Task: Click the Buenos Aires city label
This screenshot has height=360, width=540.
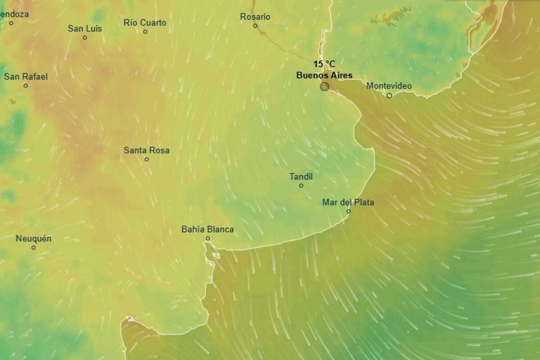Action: tap(324, 75)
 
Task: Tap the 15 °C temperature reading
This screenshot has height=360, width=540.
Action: tap(324, 64)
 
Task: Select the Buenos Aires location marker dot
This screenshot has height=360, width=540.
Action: tap(324, 86)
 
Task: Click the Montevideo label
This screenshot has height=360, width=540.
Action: tap(389, 86)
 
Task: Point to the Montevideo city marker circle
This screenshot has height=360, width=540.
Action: tap(389, 95)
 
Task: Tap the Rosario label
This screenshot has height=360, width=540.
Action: tap(255, 17)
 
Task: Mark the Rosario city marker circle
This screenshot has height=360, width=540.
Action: tap(255, 26)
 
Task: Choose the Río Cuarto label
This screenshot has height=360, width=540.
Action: tap(145, 23)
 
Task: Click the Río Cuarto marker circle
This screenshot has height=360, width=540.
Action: tap(145, 31)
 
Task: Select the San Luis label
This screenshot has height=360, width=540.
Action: tap(85, 29)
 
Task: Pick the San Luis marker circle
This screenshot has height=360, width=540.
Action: tap(85, 37)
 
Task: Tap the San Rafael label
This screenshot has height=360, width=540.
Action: tap(26, 77)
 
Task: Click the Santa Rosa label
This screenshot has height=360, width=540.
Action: tap(147, 150)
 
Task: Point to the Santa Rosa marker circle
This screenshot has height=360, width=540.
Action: tap(147, 159)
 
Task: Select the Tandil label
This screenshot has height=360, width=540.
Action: tap(301, 177)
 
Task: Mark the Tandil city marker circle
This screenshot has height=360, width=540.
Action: tap(301, 185)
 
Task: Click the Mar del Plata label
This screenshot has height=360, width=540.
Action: tap(348, 202)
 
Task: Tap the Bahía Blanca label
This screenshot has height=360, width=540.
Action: tap(207, 229)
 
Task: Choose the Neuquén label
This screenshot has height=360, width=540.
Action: tap(33, 239)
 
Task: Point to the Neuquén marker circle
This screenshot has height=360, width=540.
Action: tap(33, 247)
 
